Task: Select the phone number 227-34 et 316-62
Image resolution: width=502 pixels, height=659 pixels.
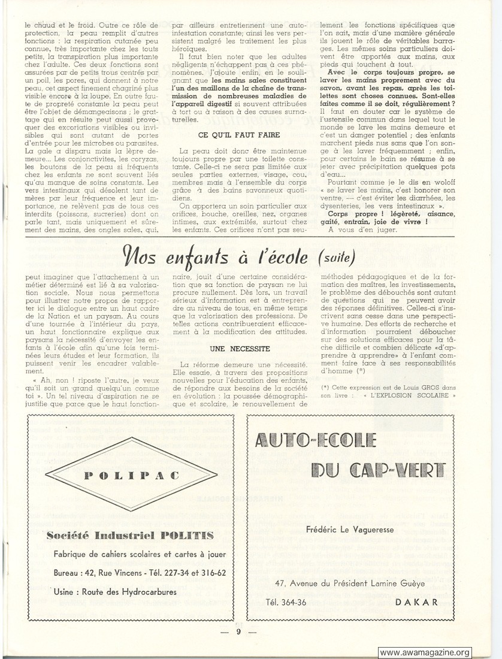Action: coord(194,572)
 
